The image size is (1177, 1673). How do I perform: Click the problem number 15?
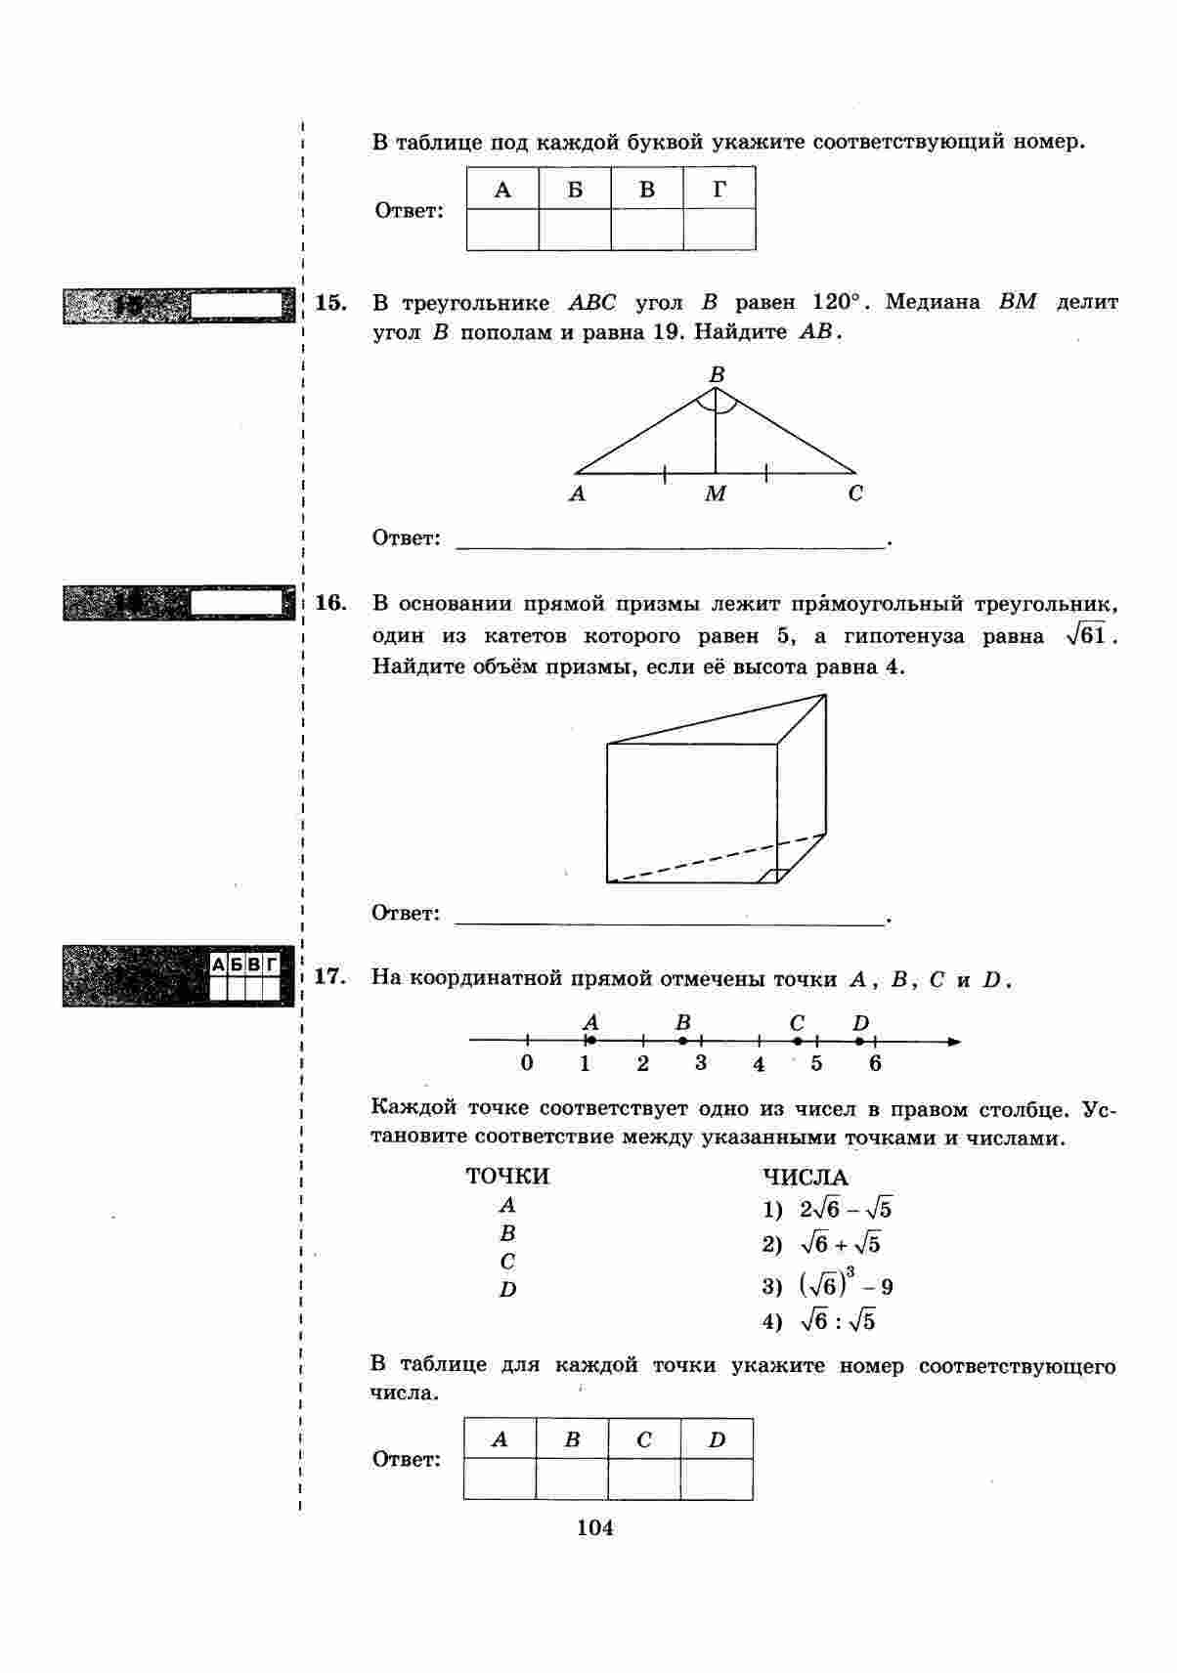(331, 303)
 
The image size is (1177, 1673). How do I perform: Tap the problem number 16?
(331, 603)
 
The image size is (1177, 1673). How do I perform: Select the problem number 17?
(331, 977)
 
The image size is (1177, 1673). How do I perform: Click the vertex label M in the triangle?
(716, 494)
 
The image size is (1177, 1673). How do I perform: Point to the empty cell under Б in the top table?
(575, 230)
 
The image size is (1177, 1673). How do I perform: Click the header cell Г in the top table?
(719, 189)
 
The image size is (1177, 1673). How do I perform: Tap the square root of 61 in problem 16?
(1087, 636)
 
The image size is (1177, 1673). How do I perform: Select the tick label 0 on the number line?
(527, 1064)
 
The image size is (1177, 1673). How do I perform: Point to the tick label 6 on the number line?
(875, 1064)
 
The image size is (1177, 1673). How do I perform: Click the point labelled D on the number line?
(859, 1042)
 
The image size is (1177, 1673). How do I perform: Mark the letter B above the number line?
(683, 1022)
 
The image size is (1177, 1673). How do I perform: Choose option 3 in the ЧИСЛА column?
(828, 1284)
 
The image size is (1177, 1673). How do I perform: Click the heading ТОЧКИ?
(507, 1177)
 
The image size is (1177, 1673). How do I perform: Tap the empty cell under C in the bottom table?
(644, 1479)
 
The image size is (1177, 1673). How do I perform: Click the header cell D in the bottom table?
(717, 1439)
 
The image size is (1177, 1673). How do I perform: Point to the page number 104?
(595, 1528)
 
